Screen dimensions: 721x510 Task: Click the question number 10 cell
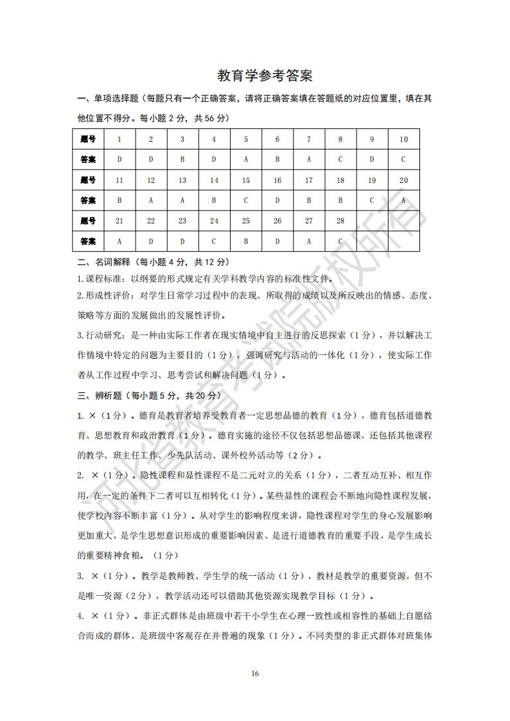[403, 139]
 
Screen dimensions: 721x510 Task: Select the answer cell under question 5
[246, 160]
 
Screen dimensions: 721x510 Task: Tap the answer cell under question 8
[340, 160]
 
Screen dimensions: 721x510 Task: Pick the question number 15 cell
[246, 180]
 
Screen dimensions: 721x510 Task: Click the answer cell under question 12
[151, 200]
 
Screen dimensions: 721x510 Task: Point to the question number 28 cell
[340, 221]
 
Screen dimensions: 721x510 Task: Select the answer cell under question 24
[214, 241]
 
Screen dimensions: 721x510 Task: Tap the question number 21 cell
[119, 221]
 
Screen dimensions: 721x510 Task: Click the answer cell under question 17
[309, 200]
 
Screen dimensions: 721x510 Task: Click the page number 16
[255, 673]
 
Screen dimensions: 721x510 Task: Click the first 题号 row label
[88, 139]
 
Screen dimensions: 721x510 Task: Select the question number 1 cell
[119, 139]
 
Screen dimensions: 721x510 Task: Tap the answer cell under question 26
[277, 241]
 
